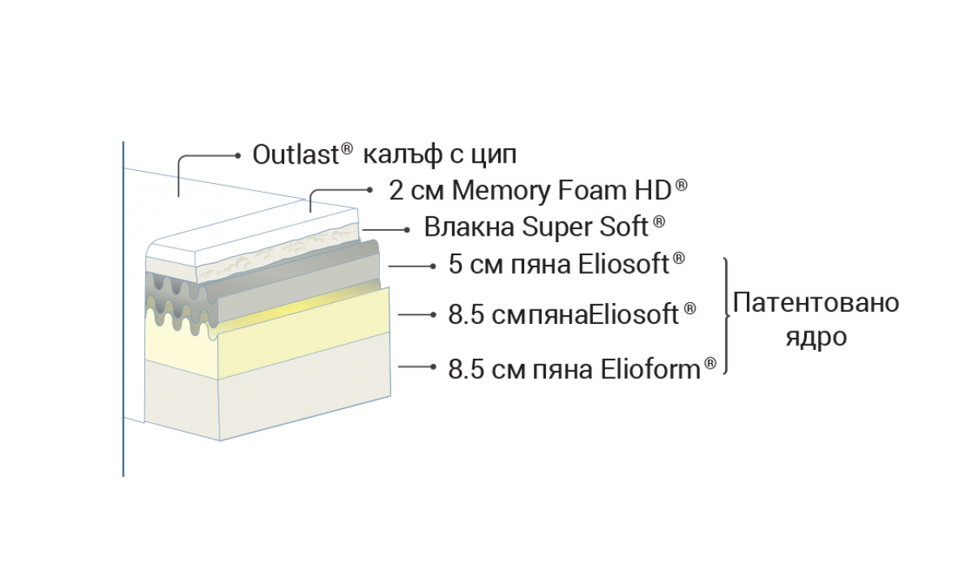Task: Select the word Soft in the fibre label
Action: coord(625,228)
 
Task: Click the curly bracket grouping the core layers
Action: coord(727,316)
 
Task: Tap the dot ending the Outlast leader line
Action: coord(237,154)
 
